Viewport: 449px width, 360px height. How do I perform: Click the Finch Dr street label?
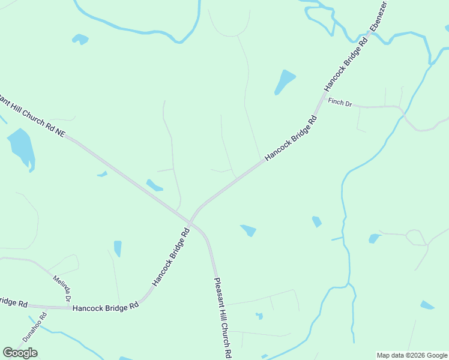[x=340, y=102]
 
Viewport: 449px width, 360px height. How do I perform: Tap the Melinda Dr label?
[x=62, y=288]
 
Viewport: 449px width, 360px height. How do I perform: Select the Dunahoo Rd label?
[x=35, y=328]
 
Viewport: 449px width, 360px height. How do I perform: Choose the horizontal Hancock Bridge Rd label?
[x=106, y=307]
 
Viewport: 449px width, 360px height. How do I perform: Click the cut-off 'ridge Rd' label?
[x=13, y=304]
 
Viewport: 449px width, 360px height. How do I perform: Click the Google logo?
[x=20, y=353]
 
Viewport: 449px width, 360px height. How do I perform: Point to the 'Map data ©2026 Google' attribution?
[x=411, y=355]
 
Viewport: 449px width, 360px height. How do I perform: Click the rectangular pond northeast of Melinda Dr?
[x=118, y=248]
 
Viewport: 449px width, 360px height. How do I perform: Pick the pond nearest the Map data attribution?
[x=427, y=305]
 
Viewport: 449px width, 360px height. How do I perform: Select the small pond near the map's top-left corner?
[x=80, y=39]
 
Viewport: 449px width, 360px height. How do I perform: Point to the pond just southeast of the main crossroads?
[x=249, y=230]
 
